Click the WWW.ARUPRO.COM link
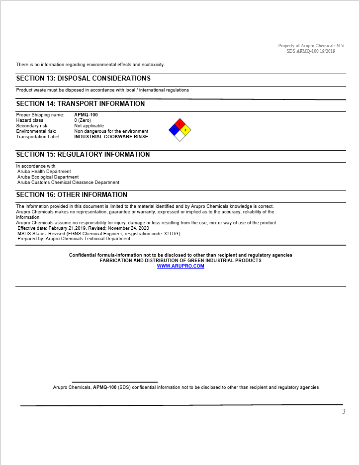180,266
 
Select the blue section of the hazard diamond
174,130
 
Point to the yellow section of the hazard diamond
185,130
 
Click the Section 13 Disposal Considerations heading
83,79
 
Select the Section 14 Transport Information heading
81,104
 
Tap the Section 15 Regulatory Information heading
83,155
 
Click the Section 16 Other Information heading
72,195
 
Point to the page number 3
343,411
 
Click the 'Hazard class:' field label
30,120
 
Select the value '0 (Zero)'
83,120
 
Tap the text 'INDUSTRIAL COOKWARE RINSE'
111,137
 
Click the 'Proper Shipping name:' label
40,115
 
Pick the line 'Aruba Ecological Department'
48,177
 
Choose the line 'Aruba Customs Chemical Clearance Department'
68,183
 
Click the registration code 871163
171,234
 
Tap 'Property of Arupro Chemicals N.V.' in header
311,46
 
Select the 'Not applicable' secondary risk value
89,126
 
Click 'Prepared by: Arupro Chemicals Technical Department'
74,239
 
